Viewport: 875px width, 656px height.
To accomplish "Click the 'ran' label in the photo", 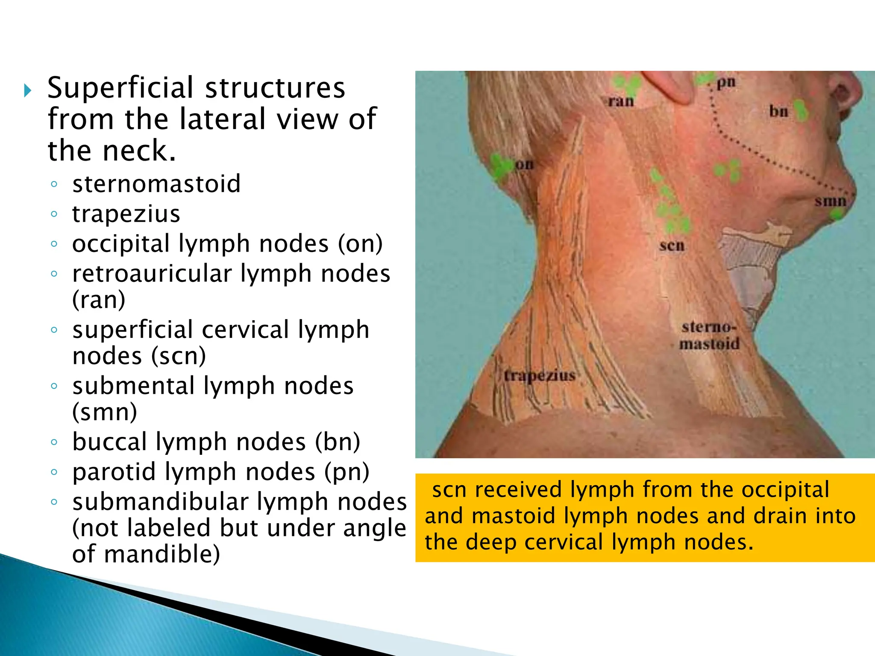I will click(621, 102).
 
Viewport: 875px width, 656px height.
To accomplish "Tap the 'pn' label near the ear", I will click(726, 82).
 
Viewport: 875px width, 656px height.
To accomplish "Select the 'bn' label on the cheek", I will click(778, 111).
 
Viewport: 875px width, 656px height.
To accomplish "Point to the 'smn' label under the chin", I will click(830, 201).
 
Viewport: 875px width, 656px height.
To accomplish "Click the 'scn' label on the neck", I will click(672, 246).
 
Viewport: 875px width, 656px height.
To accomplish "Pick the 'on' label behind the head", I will click(524, 164).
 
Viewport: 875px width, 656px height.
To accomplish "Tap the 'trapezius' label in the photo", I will click(540, 376).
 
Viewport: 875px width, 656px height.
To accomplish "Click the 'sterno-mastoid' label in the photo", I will click(709, 336).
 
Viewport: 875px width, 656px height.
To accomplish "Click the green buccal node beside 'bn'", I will click(800, 110).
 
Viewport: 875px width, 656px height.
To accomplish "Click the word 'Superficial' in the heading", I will click(121, 88).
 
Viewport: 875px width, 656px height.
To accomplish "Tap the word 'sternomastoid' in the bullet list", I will click(156, 184).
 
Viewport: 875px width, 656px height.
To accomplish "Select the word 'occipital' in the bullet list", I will click(121, 244).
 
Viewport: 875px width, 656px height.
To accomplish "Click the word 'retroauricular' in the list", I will click(152, 274).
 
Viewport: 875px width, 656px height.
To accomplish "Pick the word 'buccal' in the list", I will click(110, 442).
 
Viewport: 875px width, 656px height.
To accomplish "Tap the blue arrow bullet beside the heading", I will click(28, 91).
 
